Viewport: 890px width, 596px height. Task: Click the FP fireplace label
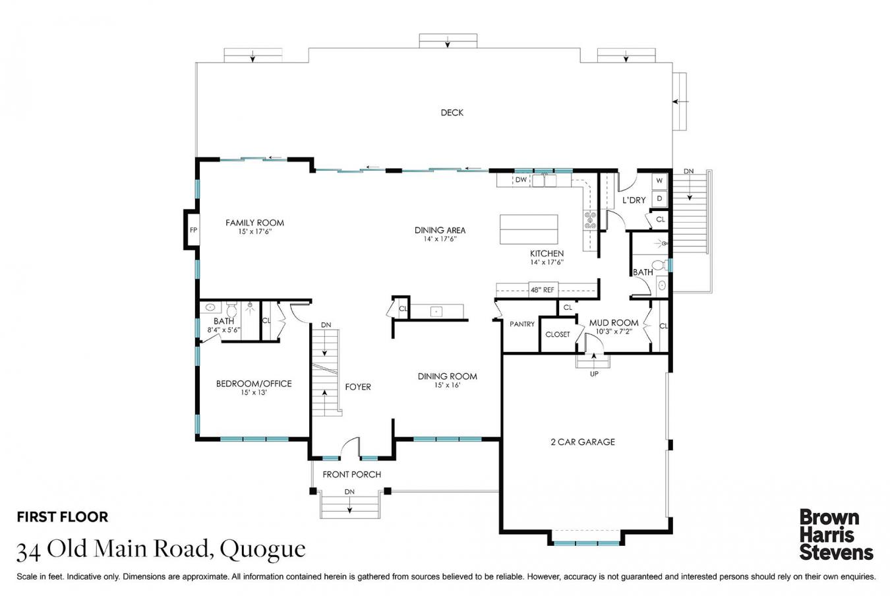pos(193,230)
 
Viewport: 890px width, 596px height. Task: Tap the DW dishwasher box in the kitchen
pos(521,179)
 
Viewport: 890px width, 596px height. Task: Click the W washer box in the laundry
pos(659,181)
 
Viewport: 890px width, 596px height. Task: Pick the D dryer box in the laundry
pos(659,198)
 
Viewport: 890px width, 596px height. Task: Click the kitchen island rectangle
pos(529,229)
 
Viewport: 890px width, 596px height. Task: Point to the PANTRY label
pos(522,324)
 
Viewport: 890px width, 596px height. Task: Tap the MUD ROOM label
pos(613,323)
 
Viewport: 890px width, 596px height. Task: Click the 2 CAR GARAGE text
pos(582,442)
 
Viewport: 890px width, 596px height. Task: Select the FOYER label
pos(358,387)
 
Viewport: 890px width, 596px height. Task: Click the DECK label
pos(452,113)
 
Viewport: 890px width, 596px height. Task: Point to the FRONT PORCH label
pos(351,474)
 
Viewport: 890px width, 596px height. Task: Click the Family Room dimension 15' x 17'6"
pos(254,231)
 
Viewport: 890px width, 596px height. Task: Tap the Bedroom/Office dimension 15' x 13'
pos(254,392)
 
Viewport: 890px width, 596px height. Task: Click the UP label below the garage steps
pos(594,374)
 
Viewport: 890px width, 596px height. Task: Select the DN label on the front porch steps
pos(349,492)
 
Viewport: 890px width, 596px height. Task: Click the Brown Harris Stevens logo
pos(835,534)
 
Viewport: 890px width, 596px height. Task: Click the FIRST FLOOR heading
pos(62,517)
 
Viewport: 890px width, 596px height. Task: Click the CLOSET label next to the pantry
pos(557,334)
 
